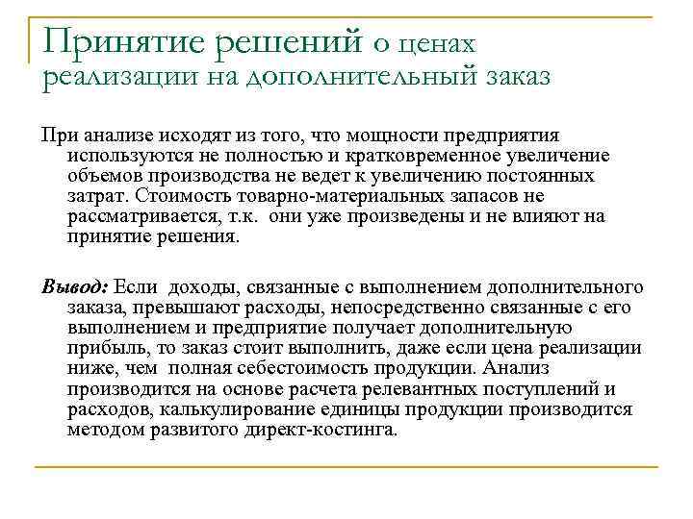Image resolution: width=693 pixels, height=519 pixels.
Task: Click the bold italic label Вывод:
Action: [75, 287]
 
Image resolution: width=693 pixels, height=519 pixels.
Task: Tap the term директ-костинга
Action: [320, 429]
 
